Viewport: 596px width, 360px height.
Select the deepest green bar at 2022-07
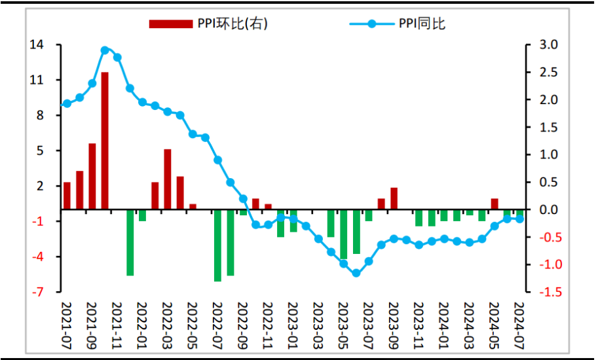pos(218,245)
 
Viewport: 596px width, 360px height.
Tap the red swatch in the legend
pos(170,24)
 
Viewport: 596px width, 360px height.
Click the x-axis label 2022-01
pos(142,325)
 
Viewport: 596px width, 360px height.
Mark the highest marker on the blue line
pos(105,50)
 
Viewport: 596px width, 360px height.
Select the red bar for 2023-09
pos(394,198)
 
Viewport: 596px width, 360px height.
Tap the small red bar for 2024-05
pos(494,204)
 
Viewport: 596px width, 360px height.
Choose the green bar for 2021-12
pos(130,242)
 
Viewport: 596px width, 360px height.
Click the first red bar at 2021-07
pos(67,196)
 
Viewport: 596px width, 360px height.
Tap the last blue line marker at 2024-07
pos(520,219)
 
